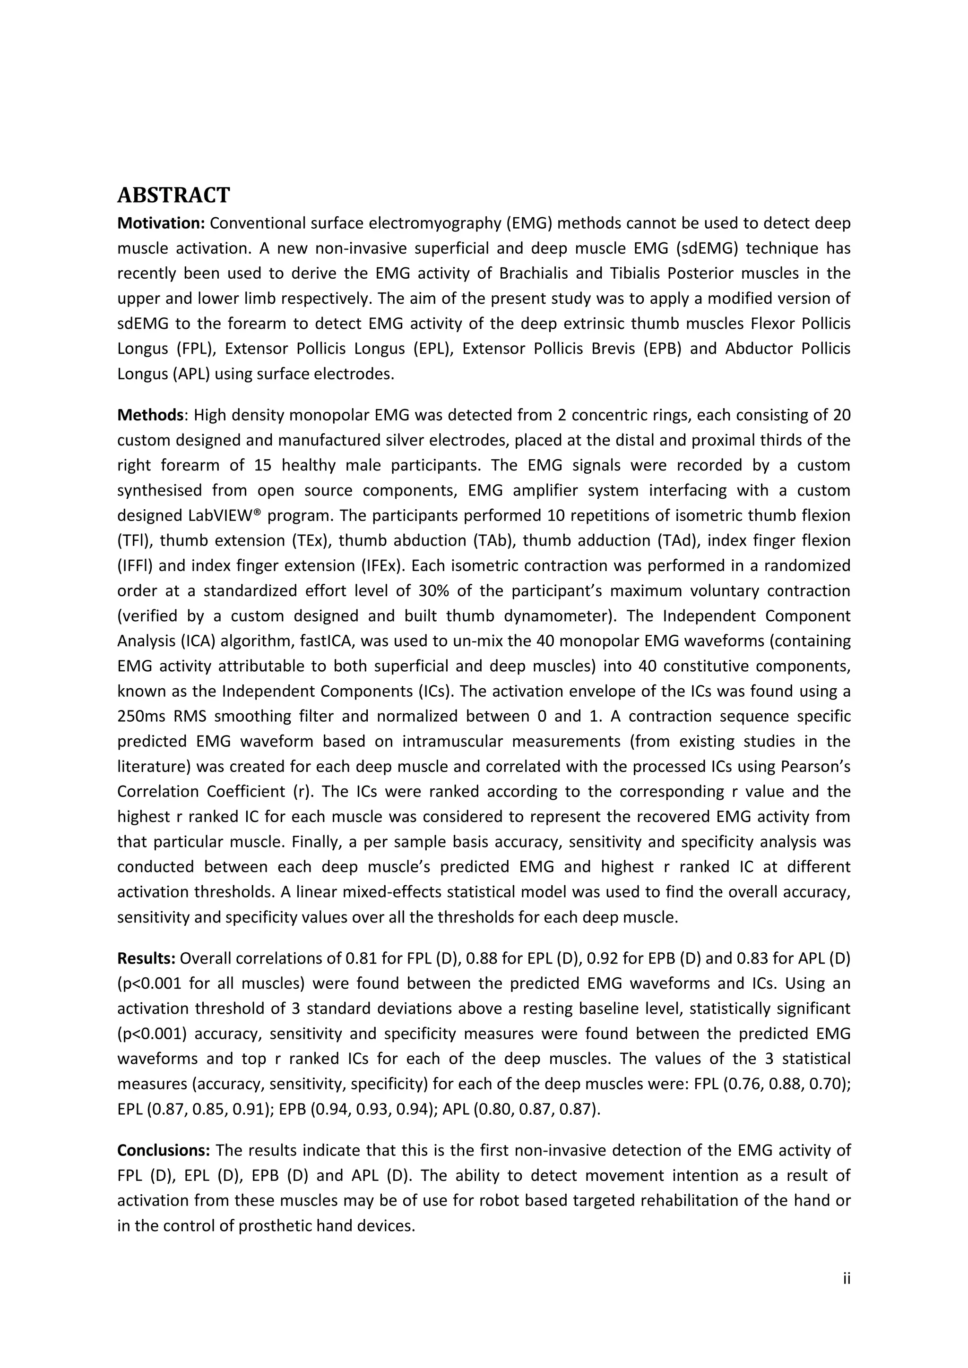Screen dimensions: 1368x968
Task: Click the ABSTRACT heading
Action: pos(173,195)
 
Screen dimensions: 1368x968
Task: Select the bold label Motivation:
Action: pos(161,223)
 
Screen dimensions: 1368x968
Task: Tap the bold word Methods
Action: pos(150,415)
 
